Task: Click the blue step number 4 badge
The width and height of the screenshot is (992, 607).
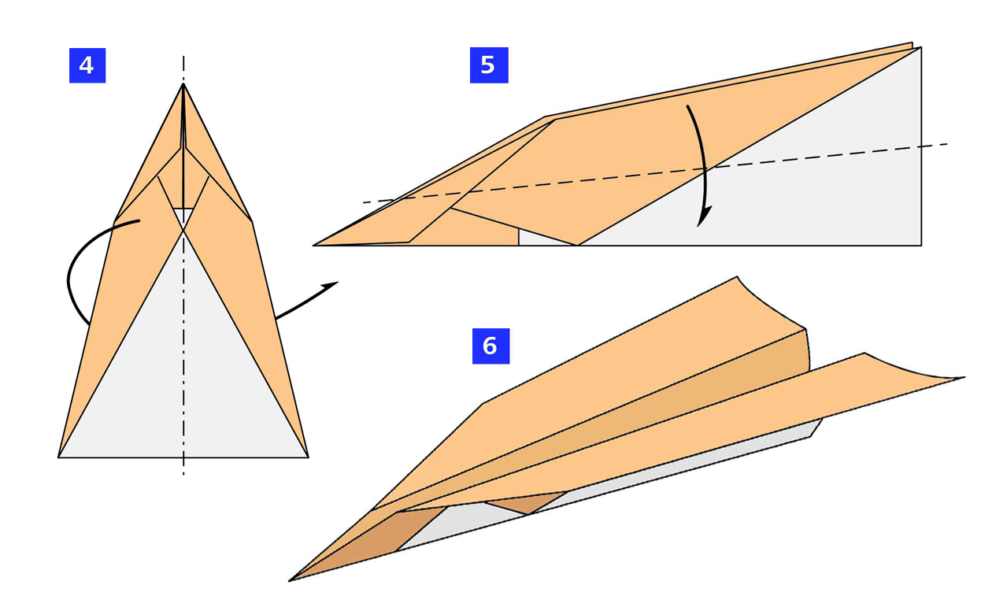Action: point(87,65)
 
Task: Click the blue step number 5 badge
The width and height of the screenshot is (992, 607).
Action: point(489,65)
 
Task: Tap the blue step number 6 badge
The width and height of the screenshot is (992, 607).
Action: point(490,346)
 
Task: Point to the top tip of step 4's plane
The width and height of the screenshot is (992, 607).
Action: point(183,84)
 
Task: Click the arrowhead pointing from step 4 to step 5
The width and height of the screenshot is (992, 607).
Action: point(331,285)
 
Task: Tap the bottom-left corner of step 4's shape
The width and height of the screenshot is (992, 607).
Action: point(59,457)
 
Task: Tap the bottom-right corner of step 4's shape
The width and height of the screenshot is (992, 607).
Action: point(308,457)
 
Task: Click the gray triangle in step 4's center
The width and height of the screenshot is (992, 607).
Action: point(183,370)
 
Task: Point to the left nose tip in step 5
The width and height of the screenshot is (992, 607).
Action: point(315,245)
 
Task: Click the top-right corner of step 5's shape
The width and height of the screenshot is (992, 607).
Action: point(920,48)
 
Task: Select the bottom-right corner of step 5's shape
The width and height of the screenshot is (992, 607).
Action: point(920,245)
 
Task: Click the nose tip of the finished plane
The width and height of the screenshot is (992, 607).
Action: point(291,580)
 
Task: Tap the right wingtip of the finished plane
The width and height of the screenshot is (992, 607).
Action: point(962,379)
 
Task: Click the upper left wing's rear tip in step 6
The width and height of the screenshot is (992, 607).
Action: point(737,278)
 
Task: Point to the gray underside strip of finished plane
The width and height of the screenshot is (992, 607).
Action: point(630,488)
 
